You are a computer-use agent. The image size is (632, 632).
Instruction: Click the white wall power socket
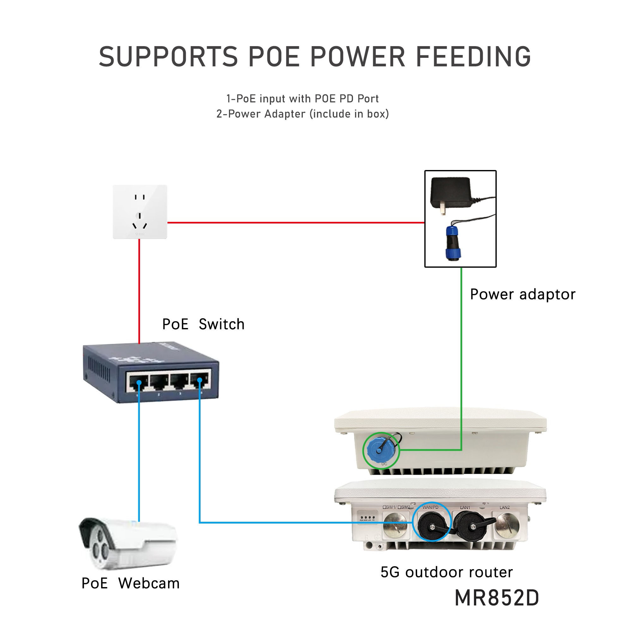pyautogui.click(x=140, y=212)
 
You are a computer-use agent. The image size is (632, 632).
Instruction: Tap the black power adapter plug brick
pyautogui.click(x=451, y=193)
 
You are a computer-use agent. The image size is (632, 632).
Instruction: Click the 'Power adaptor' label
pyautogui.click(x=522, y=295)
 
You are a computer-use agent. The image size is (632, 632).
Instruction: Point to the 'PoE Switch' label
pyautogui.click(x=203, y=324)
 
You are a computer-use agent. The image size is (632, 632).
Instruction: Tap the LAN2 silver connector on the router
pyautogui.click(x=507, y=526)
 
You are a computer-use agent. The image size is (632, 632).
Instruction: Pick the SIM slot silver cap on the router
pyautogui.click(x=396, y=526)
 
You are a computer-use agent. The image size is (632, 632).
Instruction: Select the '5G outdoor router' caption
pyautogui.click(x=447, y=572)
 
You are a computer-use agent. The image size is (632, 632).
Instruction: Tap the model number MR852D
pyautogui.click(x=496, y=598)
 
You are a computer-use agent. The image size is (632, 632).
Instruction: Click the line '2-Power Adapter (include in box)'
pyautogui.click(x=303, y=114)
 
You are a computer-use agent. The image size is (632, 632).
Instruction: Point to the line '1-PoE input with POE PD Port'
pyautogui.click(x=303, y=99)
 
